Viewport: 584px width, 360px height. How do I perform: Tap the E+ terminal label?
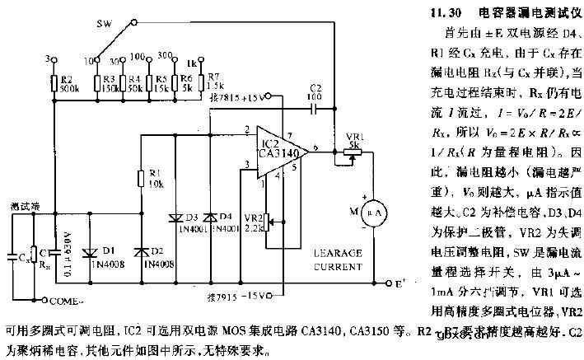(x=399, y=285)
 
